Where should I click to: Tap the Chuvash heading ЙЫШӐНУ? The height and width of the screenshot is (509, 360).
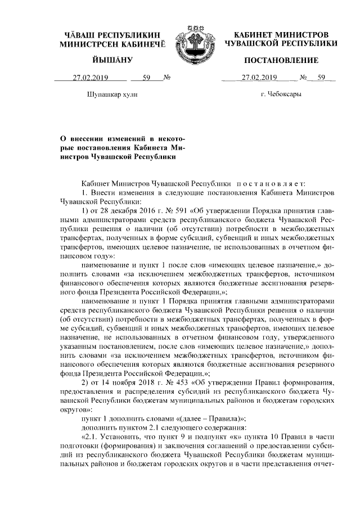point(112,60)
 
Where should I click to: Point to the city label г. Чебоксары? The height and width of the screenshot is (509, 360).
point(280,94)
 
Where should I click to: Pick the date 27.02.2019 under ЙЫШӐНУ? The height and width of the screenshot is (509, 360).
point(90,78)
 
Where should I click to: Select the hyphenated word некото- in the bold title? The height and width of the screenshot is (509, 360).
point(168,138)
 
